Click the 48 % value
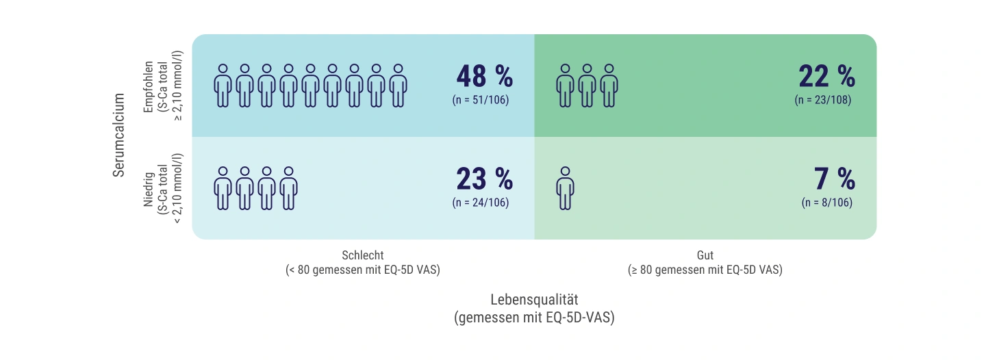point(485,76)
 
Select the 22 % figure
point(827,76)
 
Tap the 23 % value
point(485,179)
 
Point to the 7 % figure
point(835,179)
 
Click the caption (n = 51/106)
point(481,100)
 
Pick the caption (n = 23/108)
point(823,100)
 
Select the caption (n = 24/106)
point(481,203)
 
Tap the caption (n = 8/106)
point(827,203)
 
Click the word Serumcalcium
point(119,135)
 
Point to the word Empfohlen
point(149,87)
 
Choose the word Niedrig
point(149,190)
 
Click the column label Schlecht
point(363,255)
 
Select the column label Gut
point(705,255)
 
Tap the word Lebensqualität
point(534,300)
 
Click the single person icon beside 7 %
point(565,188)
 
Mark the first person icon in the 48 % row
point(223,86)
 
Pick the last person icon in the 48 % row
point(399,86)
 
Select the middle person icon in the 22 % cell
point(587,86)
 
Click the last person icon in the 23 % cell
point(289,188)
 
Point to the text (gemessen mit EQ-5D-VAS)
point(534,318)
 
